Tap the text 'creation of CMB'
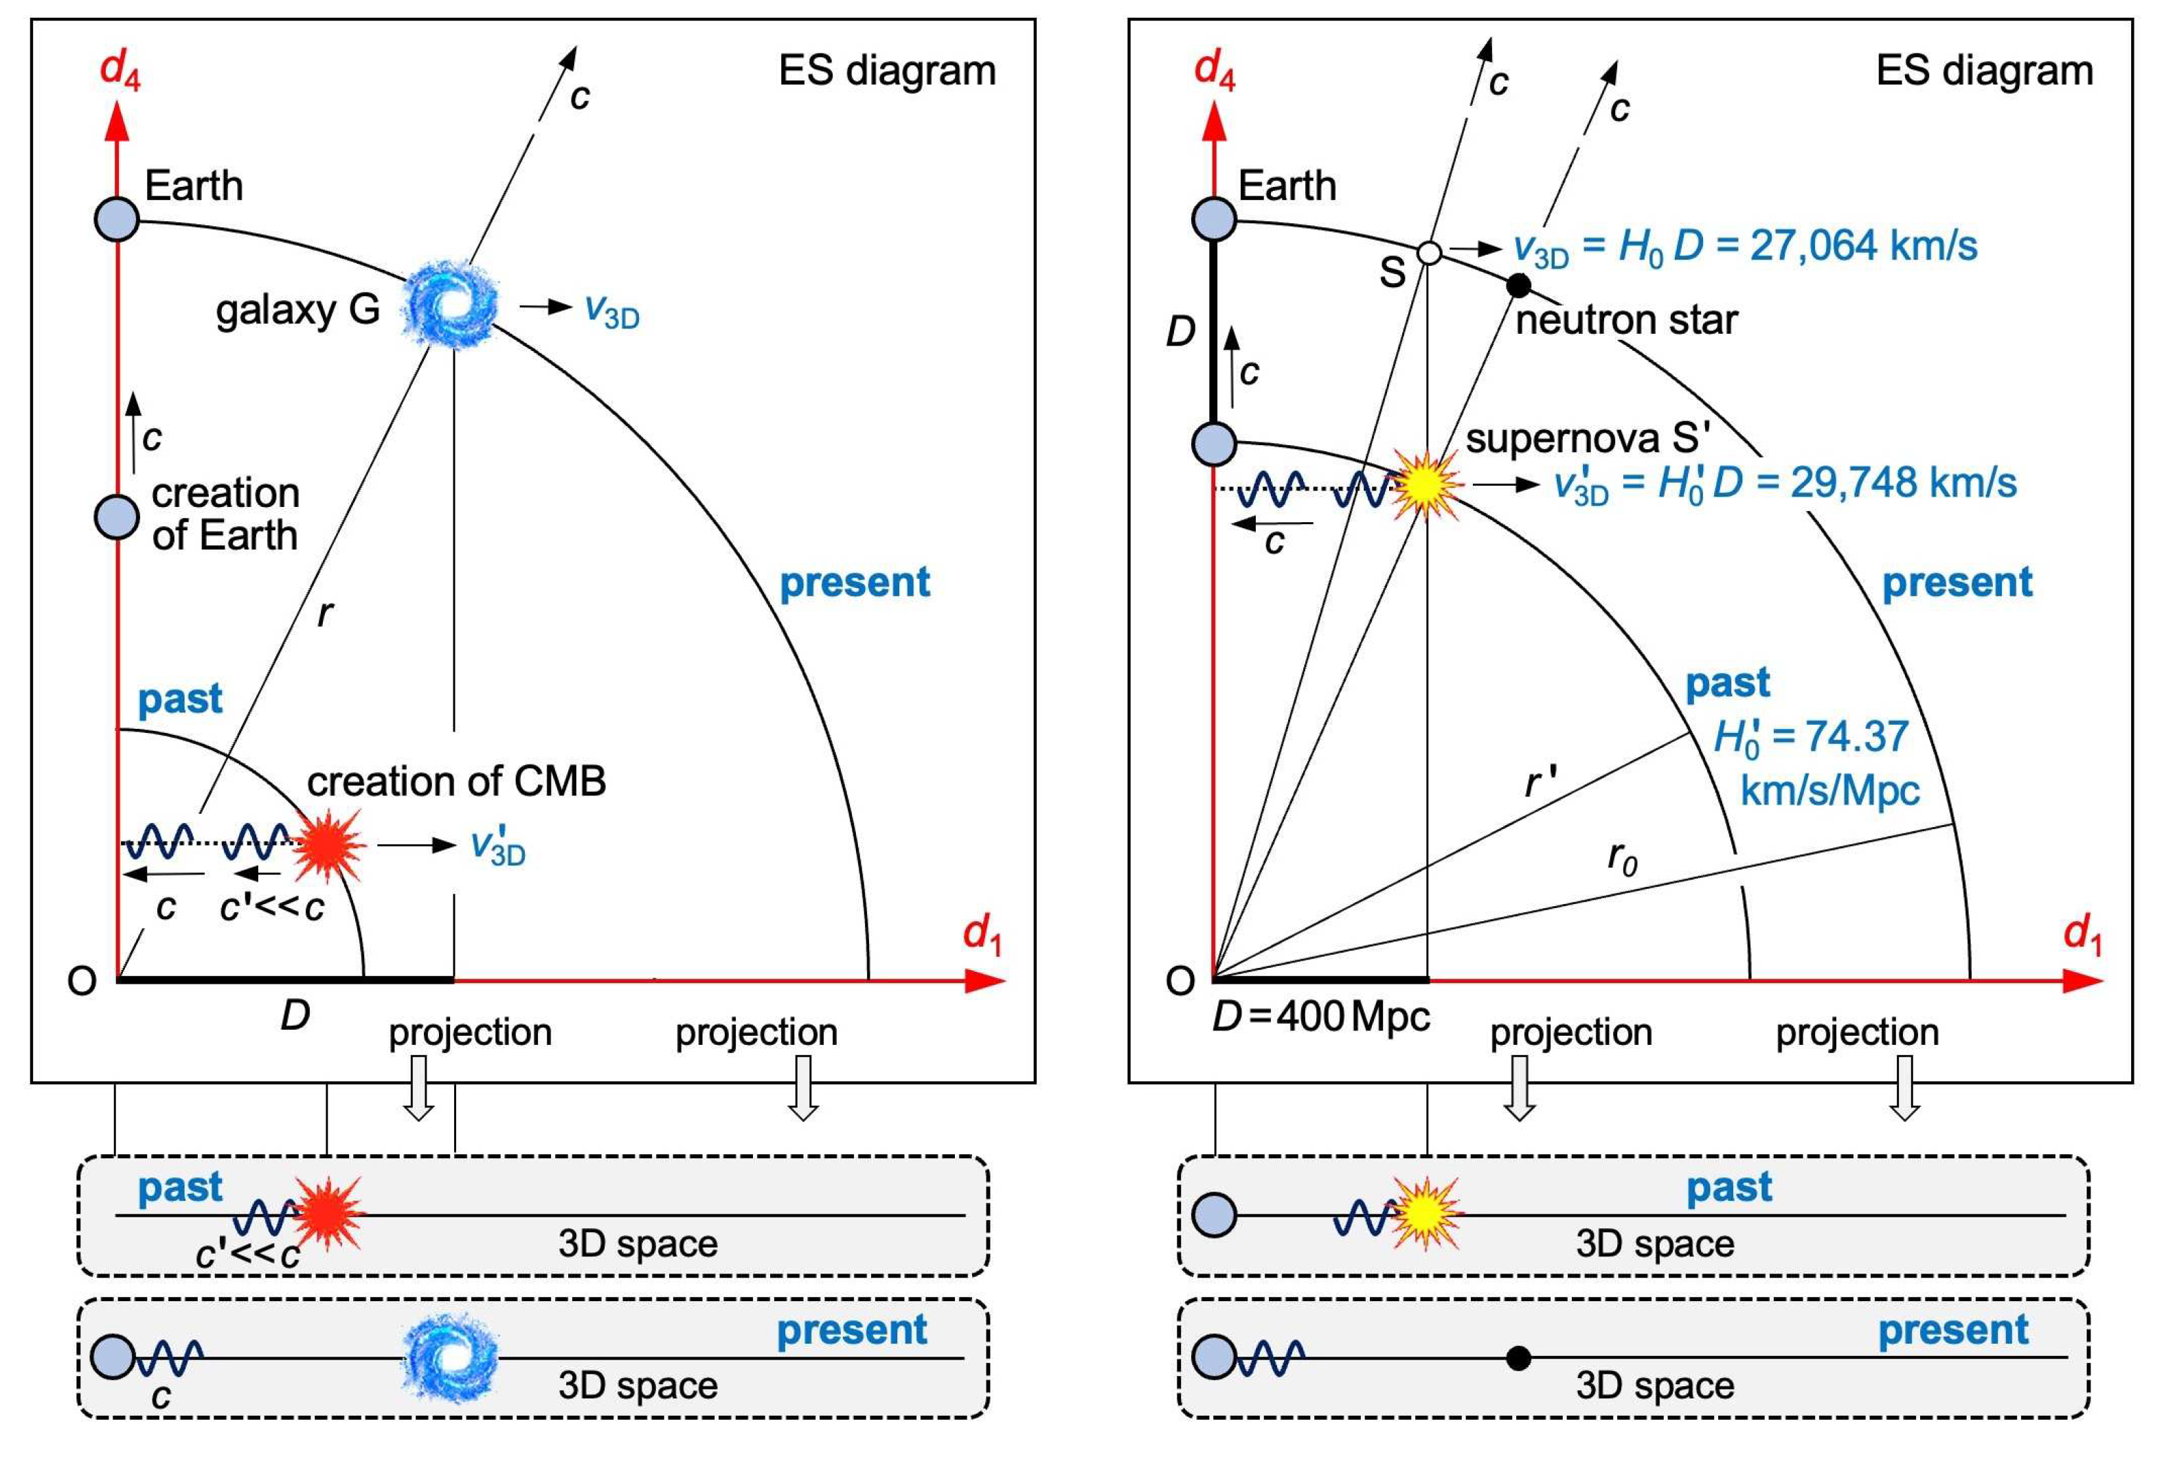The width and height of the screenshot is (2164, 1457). click(456, 782)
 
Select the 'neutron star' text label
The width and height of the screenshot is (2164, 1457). click(1626, 321)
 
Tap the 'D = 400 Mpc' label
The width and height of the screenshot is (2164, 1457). click(1320, 1017)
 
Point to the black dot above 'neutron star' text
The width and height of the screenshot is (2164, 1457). click(1518, 285)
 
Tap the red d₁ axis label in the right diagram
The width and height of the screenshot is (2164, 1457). click(2082, 932)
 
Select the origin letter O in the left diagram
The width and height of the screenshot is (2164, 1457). click(82, 981)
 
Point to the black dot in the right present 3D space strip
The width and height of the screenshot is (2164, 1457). click(1518, 1359)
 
